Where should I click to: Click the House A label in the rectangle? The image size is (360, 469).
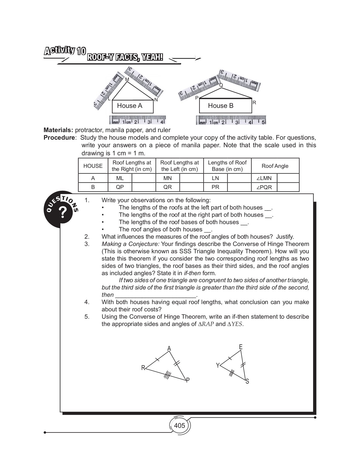click(x=130, y=106)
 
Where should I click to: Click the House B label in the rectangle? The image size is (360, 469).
click(x=221, y=106)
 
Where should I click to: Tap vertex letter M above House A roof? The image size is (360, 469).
click(x=127, y=79)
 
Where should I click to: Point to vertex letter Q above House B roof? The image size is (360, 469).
click(x=221, y=85)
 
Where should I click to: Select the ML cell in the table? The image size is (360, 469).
click(x=120, y=178)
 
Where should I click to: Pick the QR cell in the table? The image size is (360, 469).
click(x=168, y=187)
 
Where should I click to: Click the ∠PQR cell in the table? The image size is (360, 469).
click(x=264, y=187)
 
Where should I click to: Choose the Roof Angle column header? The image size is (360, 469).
click(x=275, y=166)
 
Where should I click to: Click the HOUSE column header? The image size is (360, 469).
click(x=93, y=166)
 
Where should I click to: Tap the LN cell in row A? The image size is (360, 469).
click(x=215, y=178)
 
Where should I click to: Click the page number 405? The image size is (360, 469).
click(x=179, y=425)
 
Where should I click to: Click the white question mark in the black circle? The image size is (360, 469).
click(x=63, y=212)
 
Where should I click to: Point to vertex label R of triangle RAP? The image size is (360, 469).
click(x=143, y=368)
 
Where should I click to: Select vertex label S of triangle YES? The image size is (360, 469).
click(x=247, y=381)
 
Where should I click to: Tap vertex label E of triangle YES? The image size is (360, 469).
click(x=241, y=347)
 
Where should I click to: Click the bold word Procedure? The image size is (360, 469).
click(x=59, y=138)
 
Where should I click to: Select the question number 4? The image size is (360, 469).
click(x=87, y=302)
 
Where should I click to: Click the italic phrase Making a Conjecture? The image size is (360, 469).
click(x=130, y=244)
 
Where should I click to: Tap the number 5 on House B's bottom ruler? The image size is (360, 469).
click(x=263, y=122)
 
